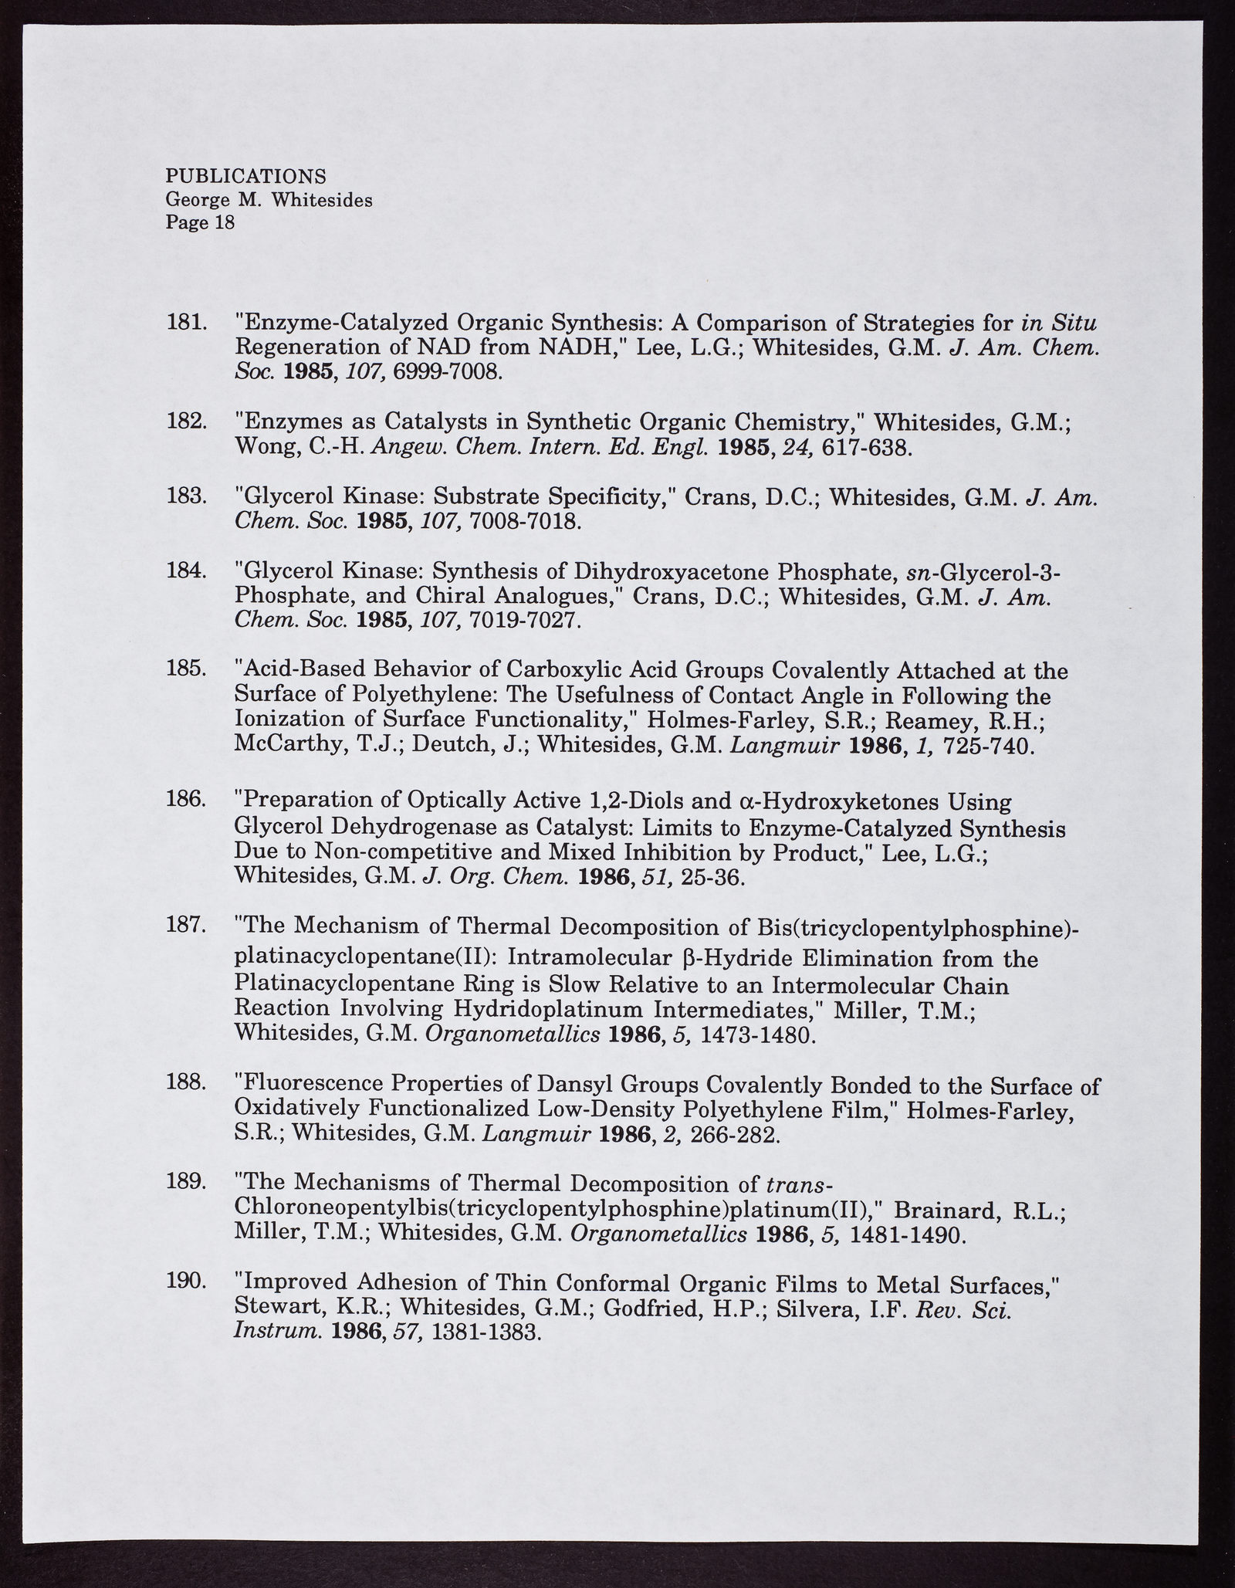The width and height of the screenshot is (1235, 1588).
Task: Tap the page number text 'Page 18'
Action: point(200,223)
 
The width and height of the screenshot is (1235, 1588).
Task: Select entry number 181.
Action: point(186,321)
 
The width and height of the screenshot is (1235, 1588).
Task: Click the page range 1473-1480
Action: point(756,1034)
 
